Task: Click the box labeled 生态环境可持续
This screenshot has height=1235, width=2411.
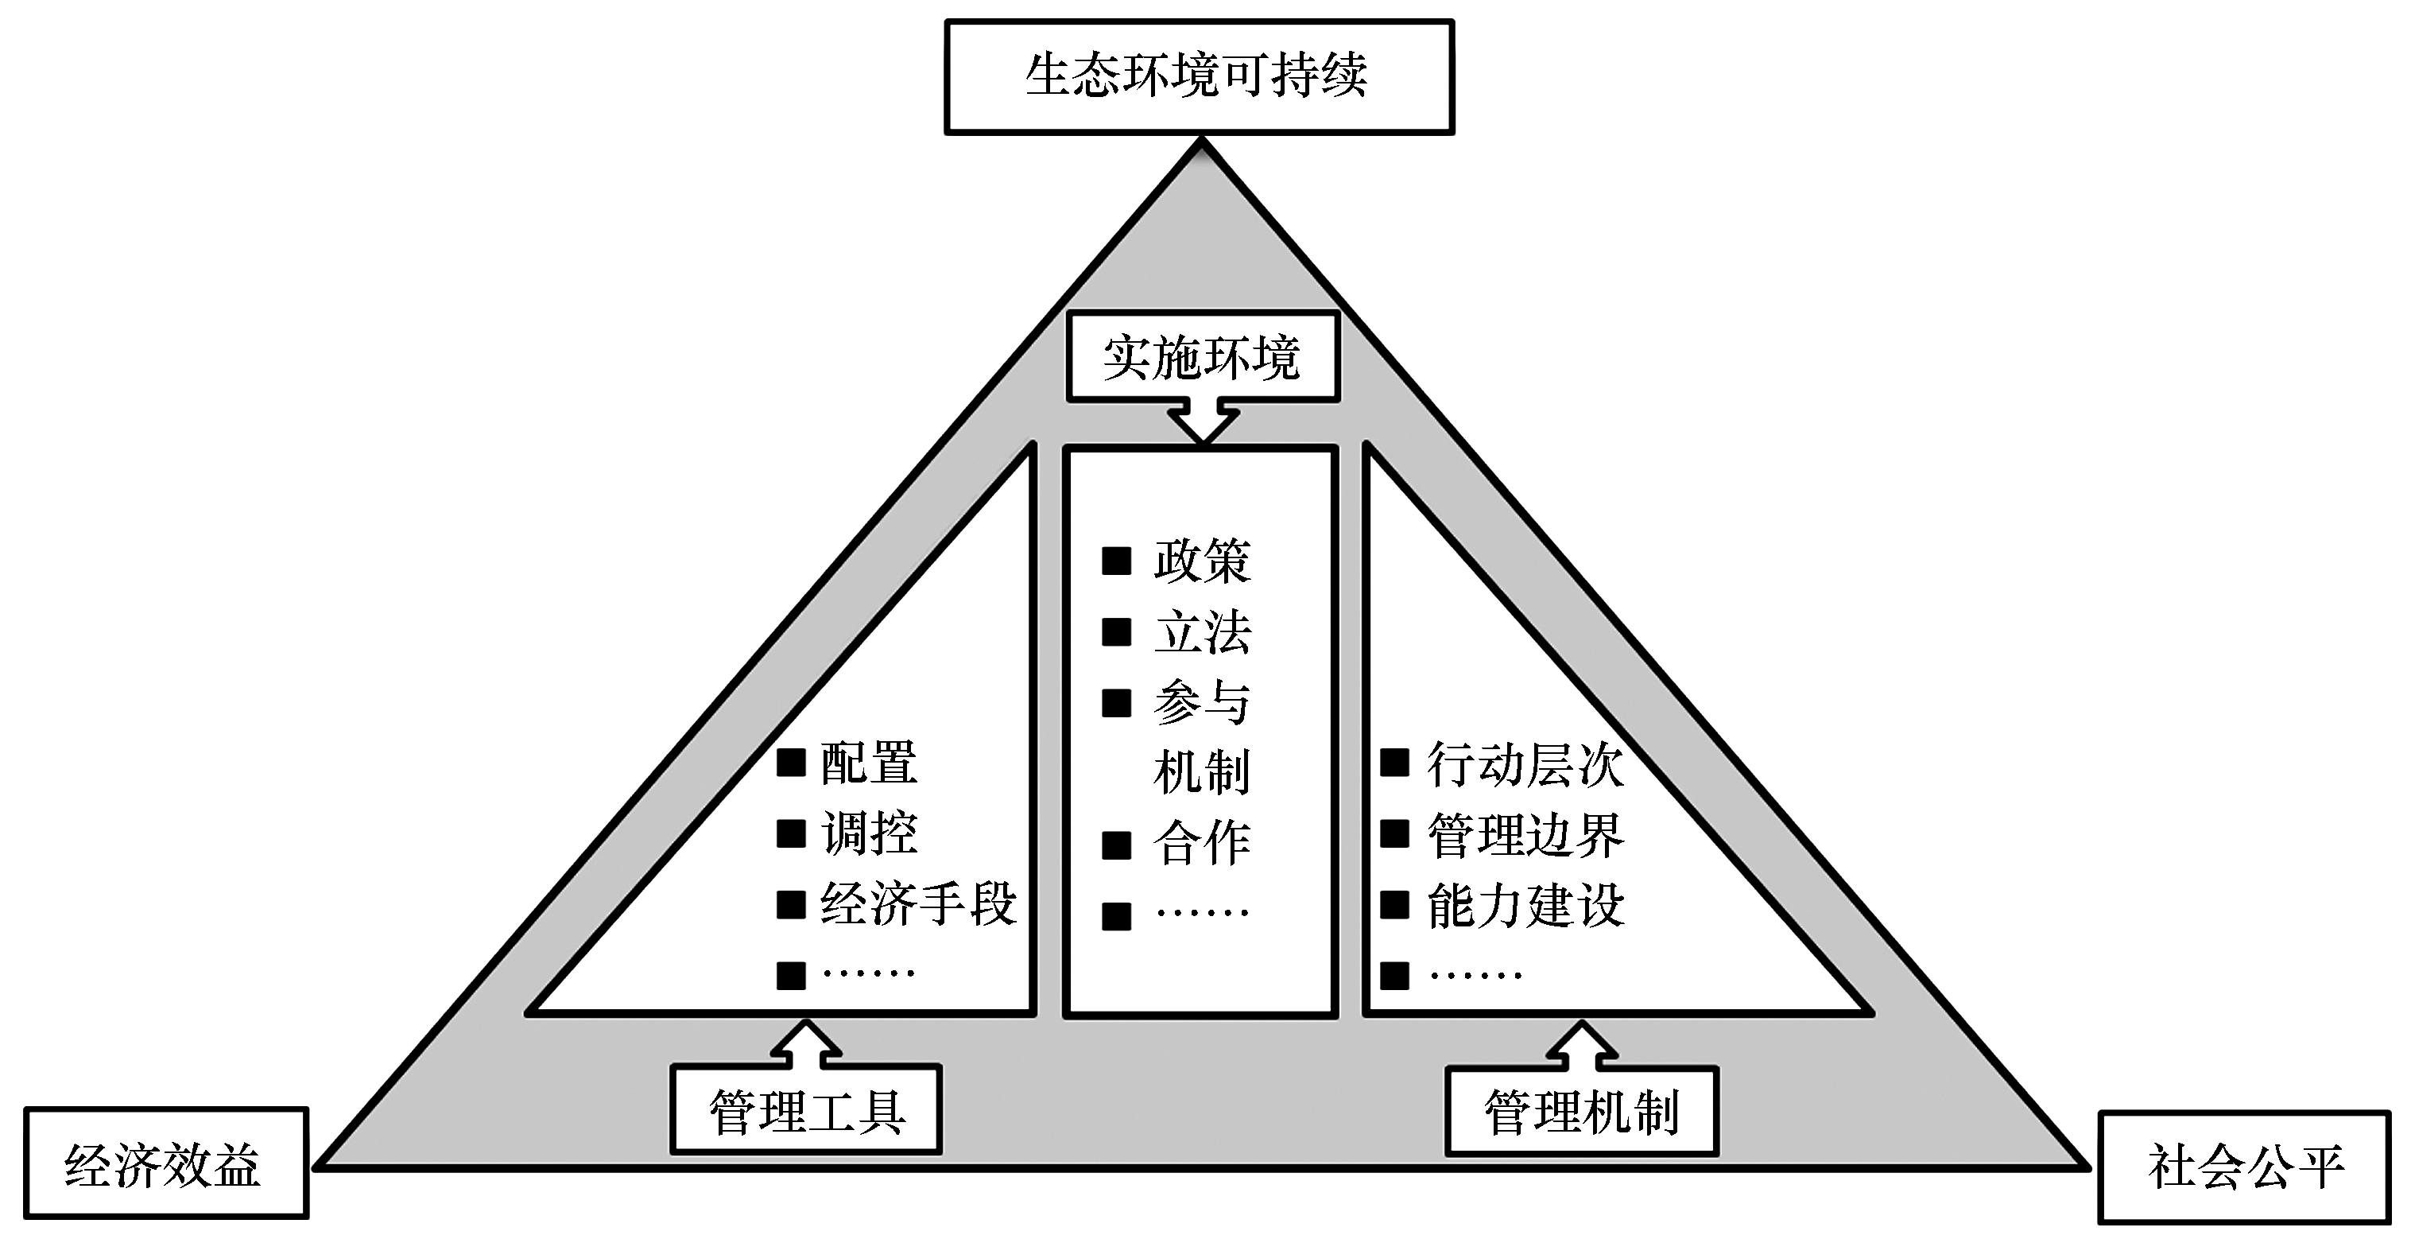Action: click(x=1199, y=77)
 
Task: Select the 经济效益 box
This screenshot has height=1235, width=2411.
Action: click(x=165, y=1163)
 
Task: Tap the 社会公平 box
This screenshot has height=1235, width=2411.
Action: click(x=2243, y=1167)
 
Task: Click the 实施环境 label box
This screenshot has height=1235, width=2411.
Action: click(x=1203, y=358)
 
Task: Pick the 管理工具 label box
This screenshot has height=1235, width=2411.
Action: click(x=806, y=1110)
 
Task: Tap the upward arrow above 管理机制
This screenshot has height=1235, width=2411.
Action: click(x=1582, y=1044)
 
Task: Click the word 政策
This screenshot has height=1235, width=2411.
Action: click(x=1203, y=561)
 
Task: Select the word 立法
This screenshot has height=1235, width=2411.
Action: click(x=1203, y=633)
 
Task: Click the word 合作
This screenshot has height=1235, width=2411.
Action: click(x=1203, y=844)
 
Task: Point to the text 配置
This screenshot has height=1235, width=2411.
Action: click(x=869, y=763)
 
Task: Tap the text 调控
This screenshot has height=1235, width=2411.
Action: click(x=869, y=833)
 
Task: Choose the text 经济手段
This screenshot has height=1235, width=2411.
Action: click(x=918, y=903)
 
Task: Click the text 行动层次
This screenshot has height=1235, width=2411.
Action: click(x=1525, y=764)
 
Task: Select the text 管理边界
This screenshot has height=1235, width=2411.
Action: click(x=1525, y=834)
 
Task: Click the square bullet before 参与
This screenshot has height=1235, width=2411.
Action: click(x=1117, y=703)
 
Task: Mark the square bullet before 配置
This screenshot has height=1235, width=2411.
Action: click(x=791, y=763)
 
